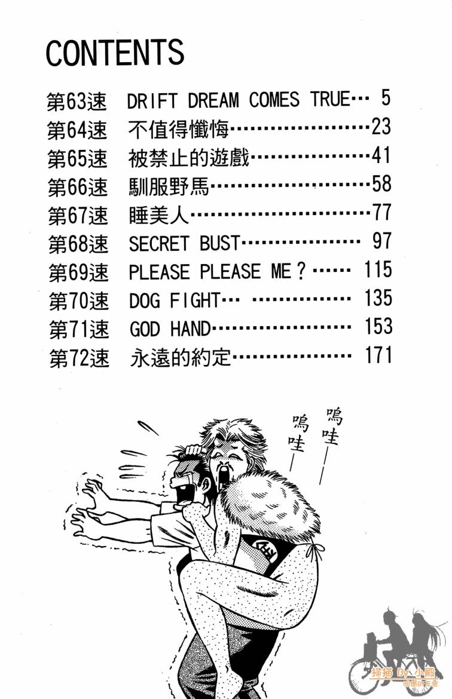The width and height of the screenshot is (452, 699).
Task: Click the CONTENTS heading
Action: point(115,53)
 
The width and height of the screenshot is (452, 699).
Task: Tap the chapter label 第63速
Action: point(77,101)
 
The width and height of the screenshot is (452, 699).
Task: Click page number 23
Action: point(380,127)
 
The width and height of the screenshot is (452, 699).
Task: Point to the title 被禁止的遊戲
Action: point(188,158)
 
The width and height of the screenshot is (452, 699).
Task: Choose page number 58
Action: point(381,184)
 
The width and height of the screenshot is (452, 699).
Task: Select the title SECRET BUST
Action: point(184,243)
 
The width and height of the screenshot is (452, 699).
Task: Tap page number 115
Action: point(377,270)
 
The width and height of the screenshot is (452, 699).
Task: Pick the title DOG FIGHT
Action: point(175,300)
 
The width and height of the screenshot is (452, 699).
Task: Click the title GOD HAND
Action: point(170,328)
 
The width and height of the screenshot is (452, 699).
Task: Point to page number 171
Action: point(377,355)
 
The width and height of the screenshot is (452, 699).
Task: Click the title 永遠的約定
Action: point(179,357)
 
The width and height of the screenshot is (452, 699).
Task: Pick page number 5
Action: point(385,99)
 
